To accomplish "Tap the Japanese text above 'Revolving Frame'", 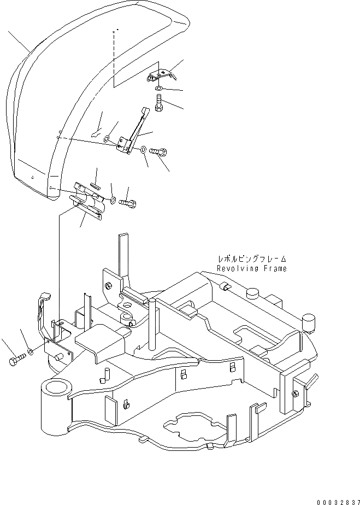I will click(x=252, y=260).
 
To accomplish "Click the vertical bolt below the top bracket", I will click(x=158, y=103).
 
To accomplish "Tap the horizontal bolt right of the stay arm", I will click(x=160, y=150).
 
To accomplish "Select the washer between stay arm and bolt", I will click(x=143, y=149).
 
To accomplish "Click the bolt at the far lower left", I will click(x=16, y=360).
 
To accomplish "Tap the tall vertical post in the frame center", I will click(x=150, y=322).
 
